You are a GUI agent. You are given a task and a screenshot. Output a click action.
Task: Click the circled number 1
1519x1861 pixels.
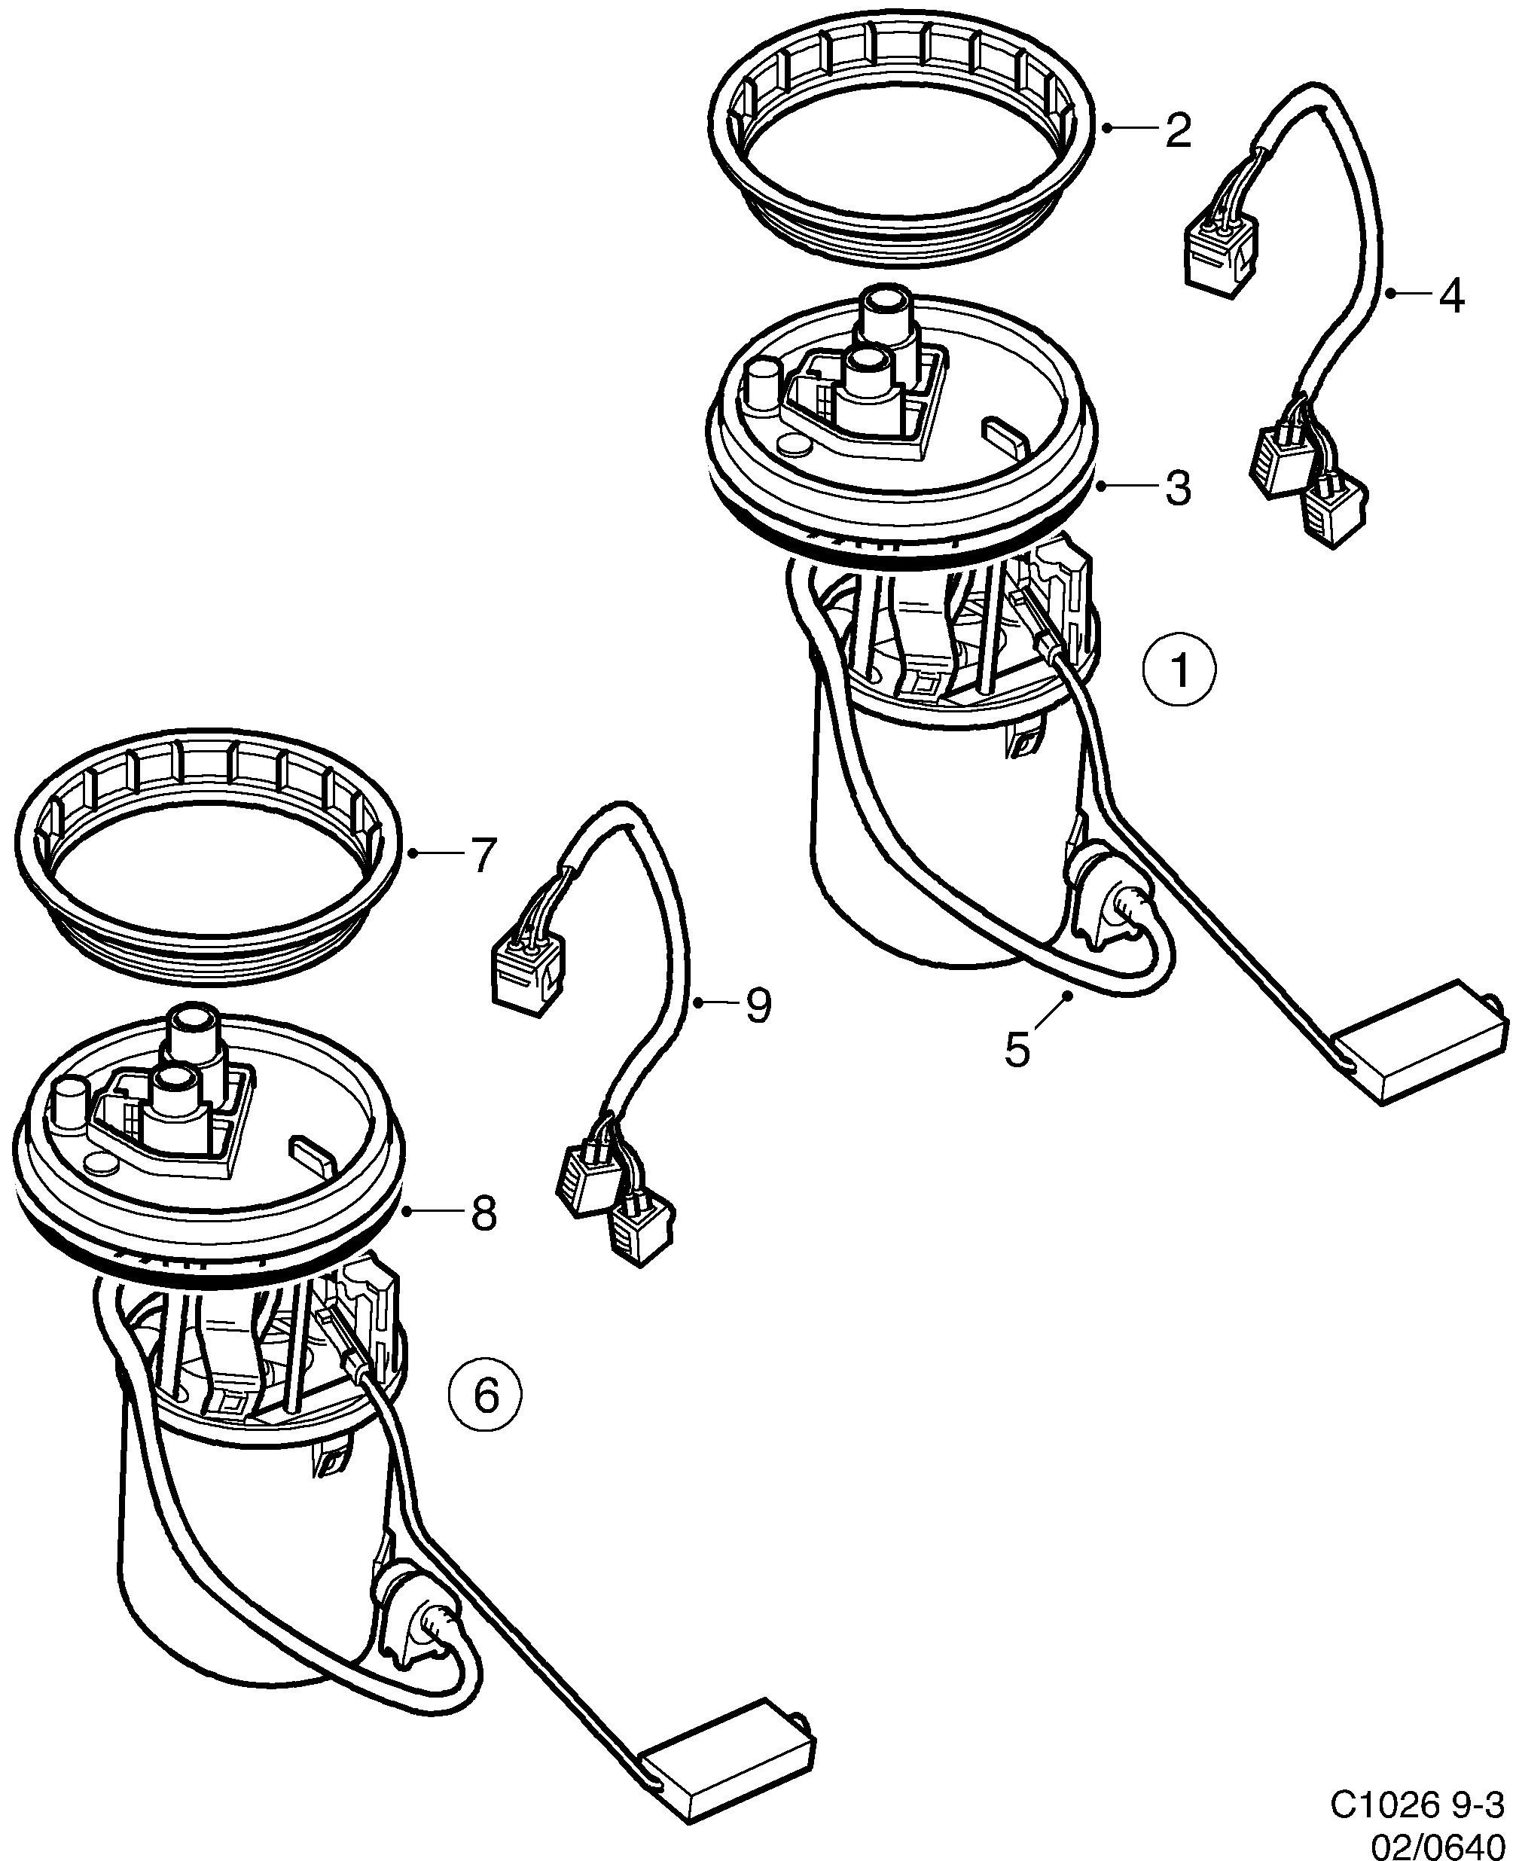[1179, 672]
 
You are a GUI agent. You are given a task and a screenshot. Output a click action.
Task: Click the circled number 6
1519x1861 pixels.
[486, 1394]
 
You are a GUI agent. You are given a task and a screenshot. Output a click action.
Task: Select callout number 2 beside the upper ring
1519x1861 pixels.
[1178, 130]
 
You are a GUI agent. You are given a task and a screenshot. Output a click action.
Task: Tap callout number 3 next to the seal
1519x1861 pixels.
[1178, 487]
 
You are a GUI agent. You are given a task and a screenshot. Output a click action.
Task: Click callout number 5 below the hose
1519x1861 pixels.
[1017, 1049]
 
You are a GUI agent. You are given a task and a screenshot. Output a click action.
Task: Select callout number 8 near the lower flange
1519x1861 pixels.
[483, 1213]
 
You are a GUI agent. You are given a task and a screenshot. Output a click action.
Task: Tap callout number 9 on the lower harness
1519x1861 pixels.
[758, 1005]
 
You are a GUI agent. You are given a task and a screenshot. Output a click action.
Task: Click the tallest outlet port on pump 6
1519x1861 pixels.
[197, 1032]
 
